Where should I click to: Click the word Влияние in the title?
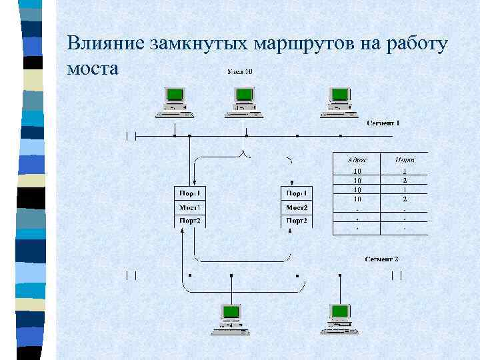tap(106, 44)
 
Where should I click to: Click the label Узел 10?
tap(240, 71)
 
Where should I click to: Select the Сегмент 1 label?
tap(383, 123)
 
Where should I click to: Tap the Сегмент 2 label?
tap(381, 258)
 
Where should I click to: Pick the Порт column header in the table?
tap(405, 159)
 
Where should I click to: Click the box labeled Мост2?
tap(297, 207)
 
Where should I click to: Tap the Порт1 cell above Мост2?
tap(297, 193)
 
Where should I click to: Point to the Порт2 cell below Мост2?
tap(297, 221)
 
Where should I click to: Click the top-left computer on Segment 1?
tap(175, 102)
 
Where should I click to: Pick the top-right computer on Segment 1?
tap(339, 102)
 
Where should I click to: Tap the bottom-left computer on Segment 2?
tap(231, 318)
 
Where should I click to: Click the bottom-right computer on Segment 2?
tap(340, 318)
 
